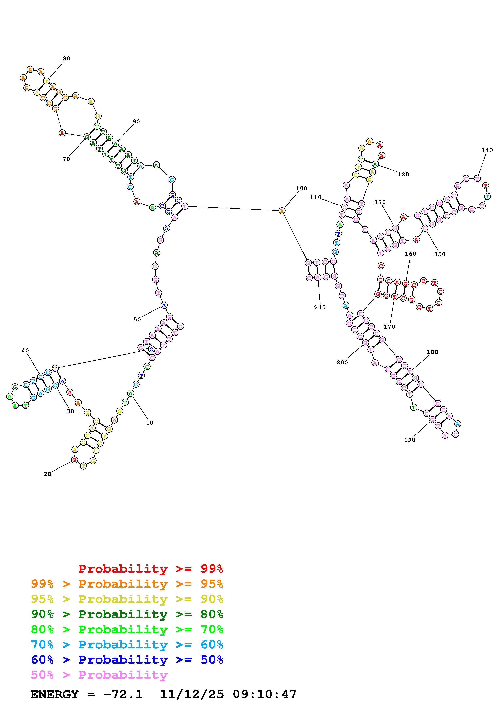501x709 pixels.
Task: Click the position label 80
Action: (x=66, y=59)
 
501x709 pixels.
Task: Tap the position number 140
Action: (x=487, y=150)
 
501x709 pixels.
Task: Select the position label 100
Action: (x=301, y=188)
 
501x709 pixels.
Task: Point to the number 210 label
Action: (x=320, y=308)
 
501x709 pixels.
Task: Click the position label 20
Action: (x=47, y=474)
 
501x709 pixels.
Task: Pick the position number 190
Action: (x=410, y=440)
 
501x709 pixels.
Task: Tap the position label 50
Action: (x=137, y=320)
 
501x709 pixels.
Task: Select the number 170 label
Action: (x=389, y=327)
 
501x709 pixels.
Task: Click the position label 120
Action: (x=403, y=174)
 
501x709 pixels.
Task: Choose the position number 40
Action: (x=25, y=350)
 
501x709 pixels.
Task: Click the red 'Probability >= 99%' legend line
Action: (x=151, y=569)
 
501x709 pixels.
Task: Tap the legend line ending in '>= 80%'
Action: (x=127, y=614)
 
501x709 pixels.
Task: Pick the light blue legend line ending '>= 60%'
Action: (x=127, y=645)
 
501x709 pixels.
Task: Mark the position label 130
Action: (x=380, y=202)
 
